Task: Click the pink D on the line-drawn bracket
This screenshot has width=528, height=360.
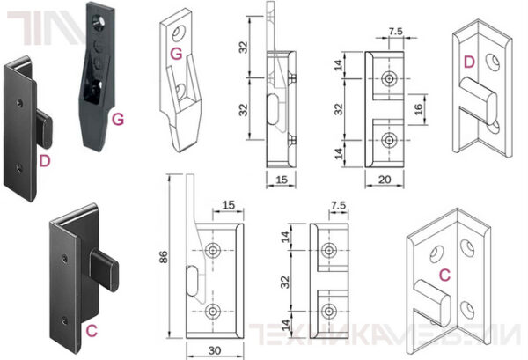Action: tap(468, 62)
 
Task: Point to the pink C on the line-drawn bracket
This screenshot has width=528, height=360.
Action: tap(445, 275)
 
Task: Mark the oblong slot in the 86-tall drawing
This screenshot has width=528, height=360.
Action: tap(194, 283)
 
